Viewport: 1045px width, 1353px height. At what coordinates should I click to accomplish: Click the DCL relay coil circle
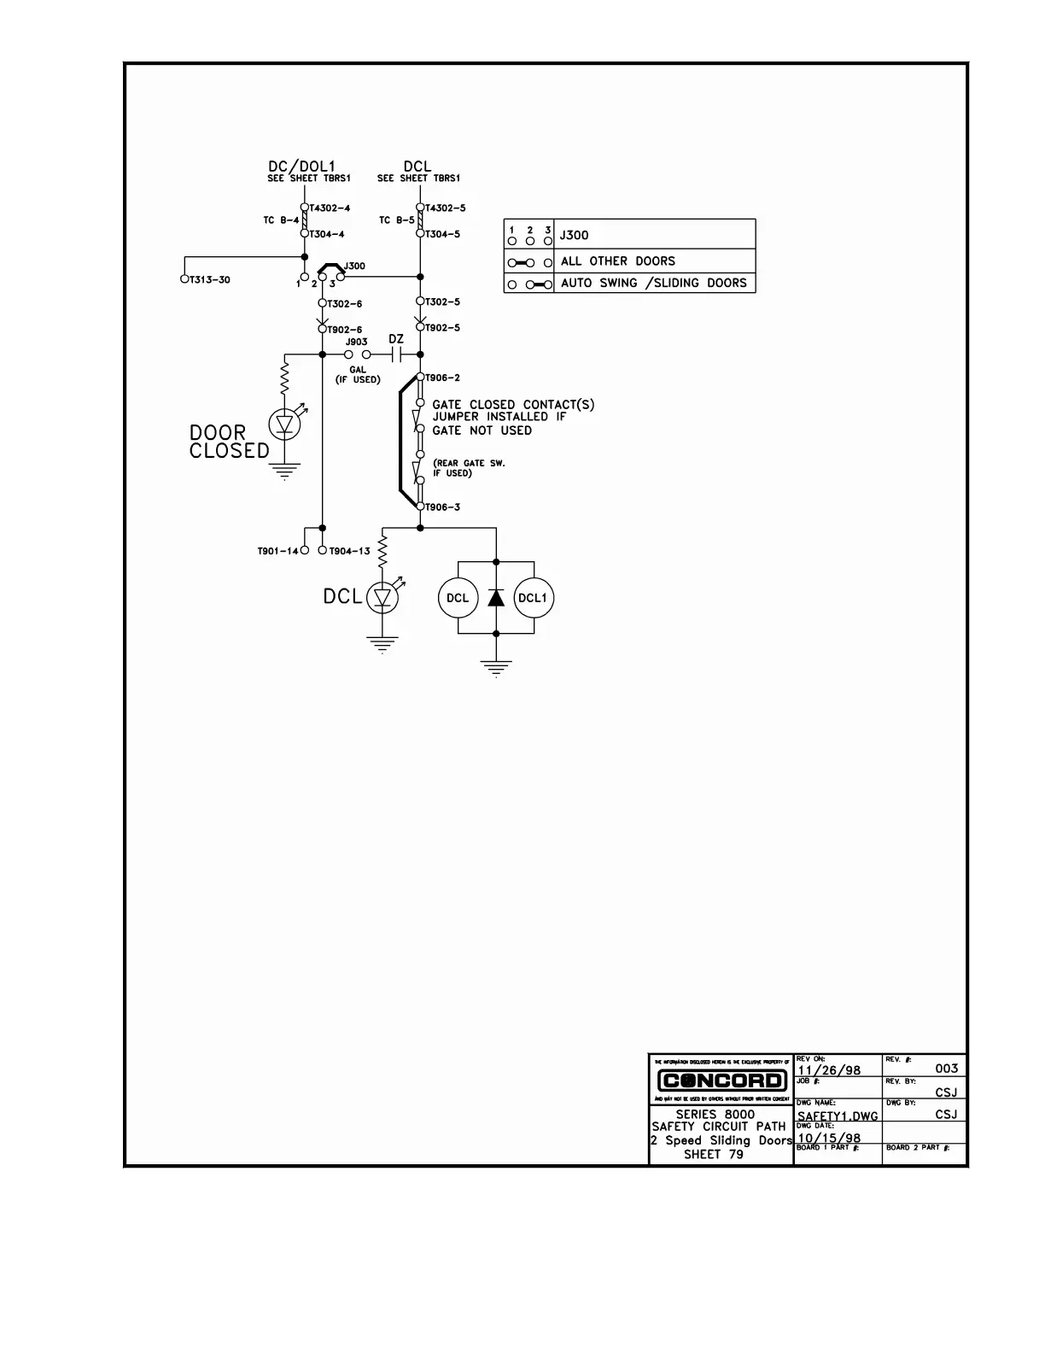pos(458,598)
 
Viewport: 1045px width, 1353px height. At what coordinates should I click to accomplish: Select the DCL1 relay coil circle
pos(534,598)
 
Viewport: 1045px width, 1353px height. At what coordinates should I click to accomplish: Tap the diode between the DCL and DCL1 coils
pos(496,597)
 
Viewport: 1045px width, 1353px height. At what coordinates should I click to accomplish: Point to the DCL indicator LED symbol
pos(382,598)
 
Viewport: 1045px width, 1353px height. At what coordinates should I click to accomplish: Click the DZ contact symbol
pos(396,354)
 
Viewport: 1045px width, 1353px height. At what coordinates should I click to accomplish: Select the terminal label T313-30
pos(210,280)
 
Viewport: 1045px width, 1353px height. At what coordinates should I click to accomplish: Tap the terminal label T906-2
pos(443,378)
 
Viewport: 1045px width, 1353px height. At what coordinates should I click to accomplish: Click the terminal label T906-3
pos(443,507)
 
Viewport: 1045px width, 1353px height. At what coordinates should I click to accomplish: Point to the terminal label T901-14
pos(277,551)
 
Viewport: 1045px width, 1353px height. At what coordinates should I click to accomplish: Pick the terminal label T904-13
pos(350,551)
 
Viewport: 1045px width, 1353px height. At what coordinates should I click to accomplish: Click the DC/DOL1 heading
pos(302,166)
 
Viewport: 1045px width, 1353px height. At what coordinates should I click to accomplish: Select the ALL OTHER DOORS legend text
pos(617,261)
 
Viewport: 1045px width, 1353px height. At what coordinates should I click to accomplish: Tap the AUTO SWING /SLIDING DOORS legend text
pos(653,283)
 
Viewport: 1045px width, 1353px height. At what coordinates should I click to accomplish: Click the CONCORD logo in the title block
pos(721,1081)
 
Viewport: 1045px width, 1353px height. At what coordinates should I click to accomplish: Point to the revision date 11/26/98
pos(829,1070)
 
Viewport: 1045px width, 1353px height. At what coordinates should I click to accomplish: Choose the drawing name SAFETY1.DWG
pos(838,1116)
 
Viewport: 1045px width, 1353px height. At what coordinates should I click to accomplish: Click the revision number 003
pos(947,1069)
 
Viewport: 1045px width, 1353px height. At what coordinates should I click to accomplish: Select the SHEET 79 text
pos(714,1155)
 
